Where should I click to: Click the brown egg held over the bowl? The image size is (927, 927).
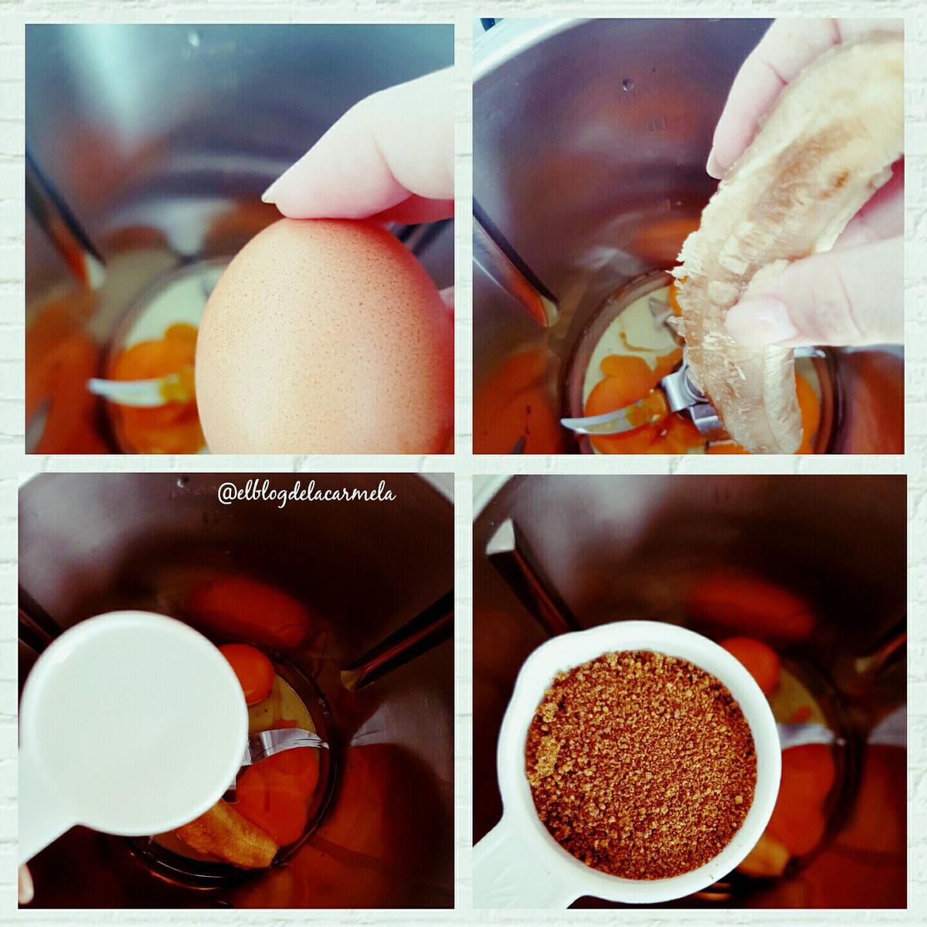[323, 337]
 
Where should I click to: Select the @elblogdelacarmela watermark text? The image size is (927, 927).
[307, 494]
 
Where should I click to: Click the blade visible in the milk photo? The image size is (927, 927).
[289, 753]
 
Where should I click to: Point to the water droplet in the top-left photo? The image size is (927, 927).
[194, 39]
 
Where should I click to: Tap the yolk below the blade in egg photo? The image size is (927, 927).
[159, 426]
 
